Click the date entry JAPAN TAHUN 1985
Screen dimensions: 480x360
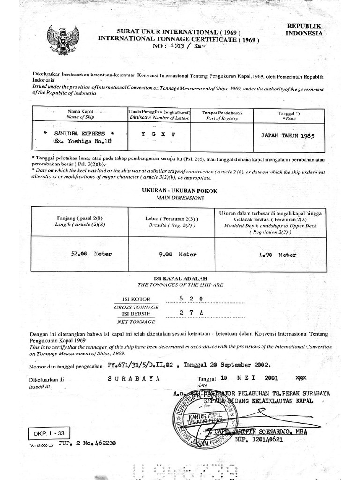click(285, 134)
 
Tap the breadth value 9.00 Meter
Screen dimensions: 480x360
click(178, 255)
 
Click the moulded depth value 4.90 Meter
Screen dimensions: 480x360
click(277, 255)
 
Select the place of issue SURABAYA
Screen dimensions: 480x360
click(134, 377)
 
